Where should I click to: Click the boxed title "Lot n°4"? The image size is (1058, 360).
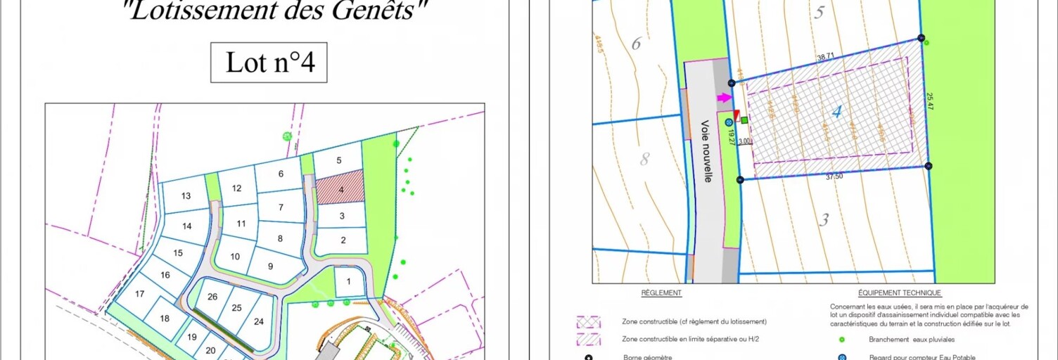269,63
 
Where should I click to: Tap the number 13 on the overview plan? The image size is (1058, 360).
186,196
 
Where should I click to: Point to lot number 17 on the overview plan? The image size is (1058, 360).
139,295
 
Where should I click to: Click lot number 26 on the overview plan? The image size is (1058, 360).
212,297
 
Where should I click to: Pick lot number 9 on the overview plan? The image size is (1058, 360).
270,268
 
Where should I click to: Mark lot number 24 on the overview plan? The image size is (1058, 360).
259,321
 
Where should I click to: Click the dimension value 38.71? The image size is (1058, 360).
825,56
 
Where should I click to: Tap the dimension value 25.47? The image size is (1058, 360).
930,101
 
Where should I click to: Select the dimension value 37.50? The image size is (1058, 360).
834,176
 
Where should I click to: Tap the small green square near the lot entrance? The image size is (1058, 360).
744,120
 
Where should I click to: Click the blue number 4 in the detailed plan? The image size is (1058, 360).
836,112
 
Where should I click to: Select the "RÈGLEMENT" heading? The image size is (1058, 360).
661,292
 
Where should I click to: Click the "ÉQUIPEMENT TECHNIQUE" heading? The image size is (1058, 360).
899,292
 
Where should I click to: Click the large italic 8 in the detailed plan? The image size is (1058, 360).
644,159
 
